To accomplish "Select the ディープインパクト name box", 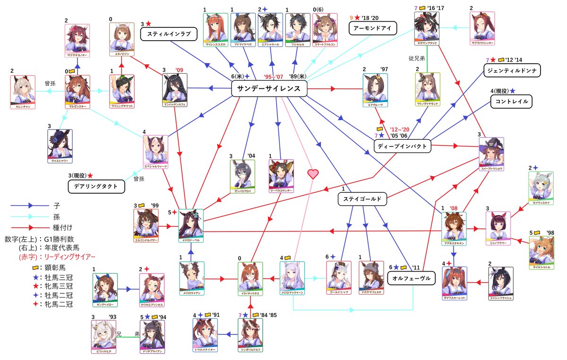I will coord(403,146).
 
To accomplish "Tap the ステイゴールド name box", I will coord(362,199).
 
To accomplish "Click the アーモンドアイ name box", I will coord(372,28).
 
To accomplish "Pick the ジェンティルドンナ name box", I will coord(512,71).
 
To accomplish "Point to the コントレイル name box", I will coord(510,101).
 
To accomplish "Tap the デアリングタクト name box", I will coord(99,186).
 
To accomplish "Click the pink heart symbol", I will coord(313,173).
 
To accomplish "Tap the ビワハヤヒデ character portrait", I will coord(103,337).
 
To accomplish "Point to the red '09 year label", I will coord(180,70).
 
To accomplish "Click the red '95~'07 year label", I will coord(274,77).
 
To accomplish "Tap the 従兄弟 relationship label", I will coord(418,59).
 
